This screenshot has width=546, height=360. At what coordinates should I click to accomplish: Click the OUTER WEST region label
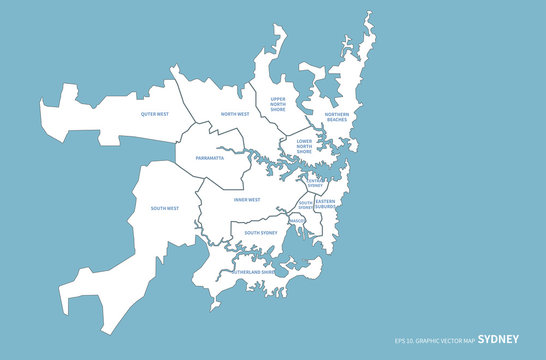point(155,115)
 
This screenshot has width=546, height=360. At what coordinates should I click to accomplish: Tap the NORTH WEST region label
point(235,114)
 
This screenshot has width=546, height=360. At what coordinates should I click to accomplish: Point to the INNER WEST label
point(247,199)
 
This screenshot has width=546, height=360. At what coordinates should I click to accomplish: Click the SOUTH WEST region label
point(165,208)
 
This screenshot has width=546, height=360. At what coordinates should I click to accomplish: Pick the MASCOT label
point(298,220)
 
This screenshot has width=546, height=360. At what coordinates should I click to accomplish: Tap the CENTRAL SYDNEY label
point(314,183)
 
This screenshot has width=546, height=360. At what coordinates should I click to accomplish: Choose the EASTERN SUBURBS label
point(325,204)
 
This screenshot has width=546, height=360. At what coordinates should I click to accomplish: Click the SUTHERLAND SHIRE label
point(254,271)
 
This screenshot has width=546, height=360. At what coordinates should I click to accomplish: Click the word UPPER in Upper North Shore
point(278,99)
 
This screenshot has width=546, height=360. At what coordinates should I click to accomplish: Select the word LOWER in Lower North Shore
point(305,142)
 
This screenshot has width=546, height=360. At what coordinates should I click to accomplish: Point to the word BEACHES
point(337,120)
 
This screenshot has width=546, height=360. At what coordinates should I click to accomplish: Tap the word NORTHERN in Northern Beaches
point(337,114)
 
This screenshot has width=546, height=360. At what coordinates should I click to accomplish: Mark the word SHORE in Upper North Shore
point(278,111)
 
